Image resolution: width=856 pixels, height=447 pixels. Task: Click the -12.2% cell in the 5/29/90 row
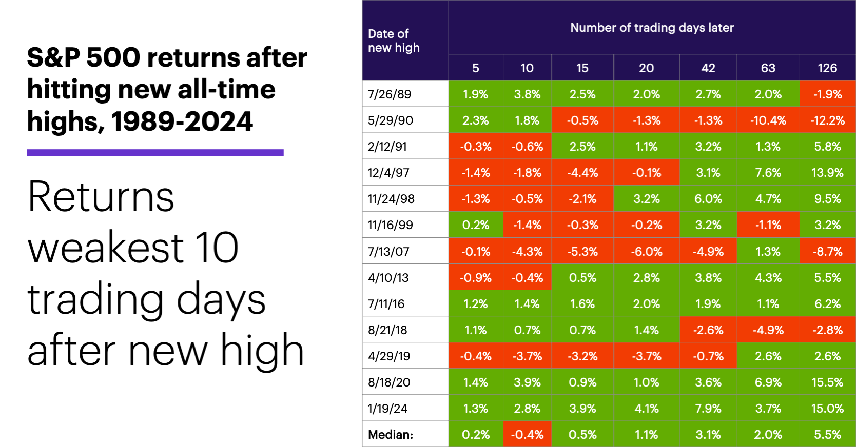[827, 120]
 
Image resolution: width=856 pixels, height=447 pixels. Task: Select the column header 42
[708, 68]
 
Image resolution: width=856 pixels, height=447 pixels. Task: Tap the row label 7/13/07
[388, 251]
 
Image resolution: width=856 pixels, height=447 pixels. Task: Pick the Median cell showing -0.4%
[527, 434]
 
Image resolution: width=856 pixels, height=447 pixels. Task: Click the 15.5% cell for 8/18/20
[827, 382]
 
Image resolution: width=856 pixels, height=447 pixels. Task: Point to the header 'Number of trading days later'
[652, 28]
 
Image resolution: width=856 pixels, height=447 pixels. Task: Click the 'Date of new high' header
[394, 40]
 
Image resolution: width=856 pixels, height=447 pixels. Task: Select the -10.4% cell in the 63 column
[768, 120]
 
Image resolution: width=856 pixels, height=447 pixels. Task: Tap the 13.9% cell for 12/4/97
[827, 172]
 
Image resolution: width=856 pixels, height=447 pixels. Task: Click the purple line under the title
[155, 152]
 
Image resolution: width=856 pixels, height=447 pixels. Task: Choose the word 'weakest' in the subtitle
[105, 248]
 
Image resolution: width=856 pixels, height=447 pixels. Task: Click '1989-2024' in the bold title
[182, 121]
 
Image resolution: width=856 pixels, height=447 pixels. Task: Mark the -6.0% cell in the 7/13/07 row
[646, 251]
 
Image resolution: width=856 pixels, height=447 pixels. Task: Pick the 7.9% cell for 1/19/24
[708, 408]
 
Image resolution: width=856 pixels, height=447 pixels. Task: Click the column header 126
[827, 68]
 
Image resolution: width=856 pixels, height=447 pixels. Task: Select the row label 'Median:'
[391, 434]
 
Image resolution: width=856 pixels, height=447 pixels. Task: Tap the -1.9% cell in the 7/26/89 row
[827, 94]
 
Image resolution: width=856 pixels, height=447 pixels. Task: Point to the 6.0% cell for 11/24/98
[708, 198]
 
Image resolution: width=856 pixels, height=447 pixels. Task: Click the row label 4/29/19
[389, 356]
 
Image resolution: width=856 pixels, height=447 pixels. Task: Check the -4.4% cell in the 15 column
[582, 172]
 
